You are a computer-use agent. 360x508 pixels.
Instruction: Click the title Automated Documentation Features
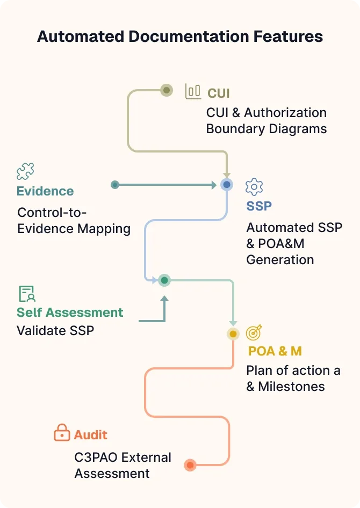click(180, 37)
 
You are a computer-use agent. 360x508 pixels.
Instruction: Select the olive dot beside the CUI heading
click(167, 90)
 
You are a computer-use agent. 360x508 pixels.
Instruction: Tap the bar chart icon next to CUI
click(193, 91)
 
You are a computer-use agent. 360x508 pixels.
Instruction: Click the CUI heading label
click(219, 93)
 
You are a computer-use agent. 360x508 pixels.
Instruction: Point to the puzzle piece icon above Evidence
click(25, 172)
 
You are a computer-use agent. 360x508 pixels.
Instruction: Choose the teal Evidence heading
click(45, 191)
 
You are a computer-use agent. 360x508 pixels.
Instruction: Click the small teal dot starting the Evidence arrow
click(114, 185)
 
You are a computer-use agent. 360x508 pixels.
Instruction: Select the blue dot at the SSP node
click(227, 185)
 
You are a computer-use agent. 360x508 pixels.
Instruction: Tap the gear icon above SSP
click(254, 187)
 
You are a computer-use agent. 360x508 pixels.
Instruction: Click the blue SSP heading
click(259, 206)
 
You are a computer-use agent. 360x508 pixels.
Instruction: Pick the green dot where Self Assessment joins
click(164, 280)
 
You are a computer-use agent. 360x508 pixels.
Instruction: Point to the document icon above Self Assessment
click(27, 294)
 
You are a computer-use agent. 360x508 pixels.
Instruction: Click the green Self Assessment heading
click(70, 313)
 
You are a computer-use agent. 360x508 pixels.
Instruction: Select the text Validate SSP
click(55, 330)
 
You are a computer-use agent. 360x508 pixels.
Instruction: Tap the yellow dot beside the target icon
click(233, 334)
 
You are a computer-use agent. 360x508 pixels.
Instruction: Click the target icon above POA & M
click(254, 333)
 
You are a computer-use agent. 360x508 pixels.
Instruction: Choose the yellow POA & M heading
click(275, 351)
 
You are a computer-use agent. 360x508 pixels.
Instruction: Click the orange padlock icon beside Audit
click(62, 433)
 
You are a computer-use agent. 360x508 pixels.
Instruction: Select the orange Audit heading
click(91, 434)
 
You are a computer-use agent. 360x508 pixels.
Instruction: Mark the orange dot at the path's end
click(190, 465)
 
